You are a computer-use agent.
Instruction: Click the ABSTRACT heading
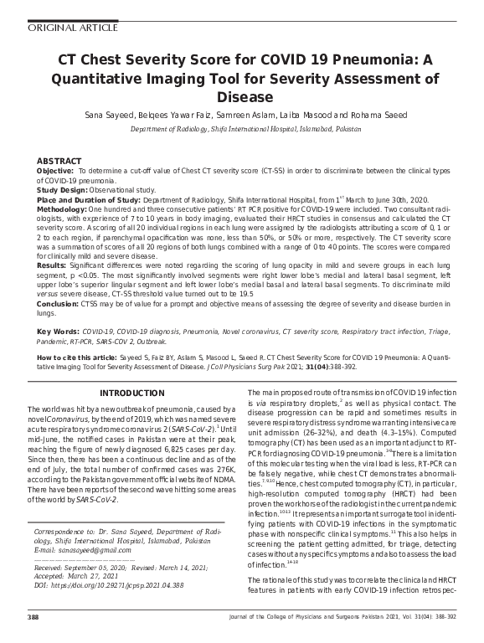(59, 161)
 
